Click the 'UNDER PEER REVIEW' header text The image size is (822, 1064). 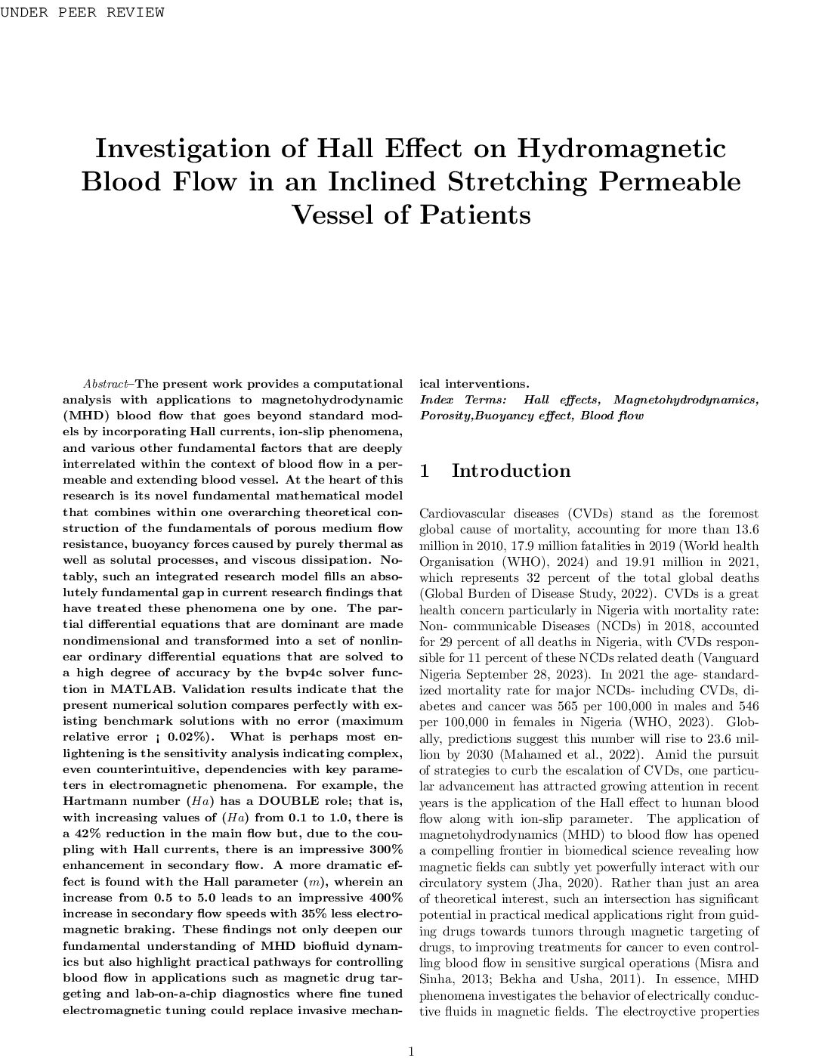82,12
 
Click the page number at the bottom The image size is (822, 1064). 411,1050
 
